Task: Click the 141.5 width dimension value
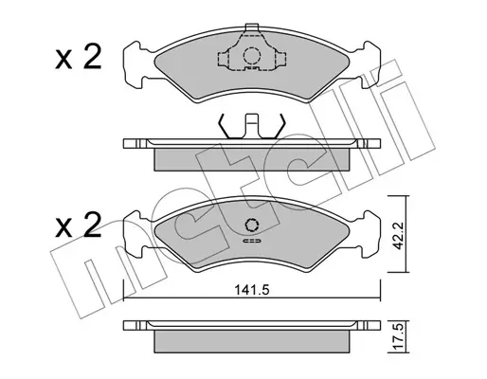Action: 252,289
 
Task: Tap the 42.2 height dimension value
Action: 398,236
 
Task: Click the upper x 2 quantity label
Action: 79,57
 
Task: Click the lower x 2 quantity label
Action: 79,226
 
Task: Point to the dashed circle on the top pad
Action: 252,56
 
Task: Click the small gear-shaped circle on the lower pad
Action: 252,226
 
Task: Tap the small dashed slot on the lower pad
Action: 252,242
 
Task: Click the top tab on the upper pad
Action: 252,27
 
